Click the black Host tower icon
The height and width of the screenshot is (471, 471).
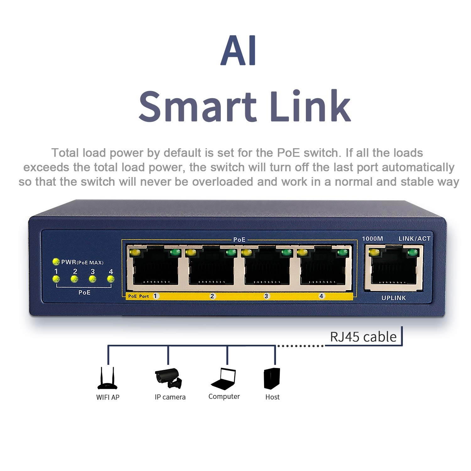pyautogui.click(x=272, y=378)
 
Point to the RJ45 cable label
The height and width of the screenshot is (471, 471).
pyautogui.click(x=363, y=337)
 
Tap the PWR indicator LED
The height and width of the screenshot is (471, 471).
pyautogui.click(x=56, y=262)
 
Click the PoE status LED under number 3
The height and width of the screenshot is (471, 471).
pyautogui.click(x=92, y=279)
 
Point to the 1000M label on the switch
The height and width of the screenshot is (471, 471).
pyautogui.click(x=372, y=239)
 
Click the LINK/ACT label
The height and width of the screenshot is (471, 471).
pyautogui.click(x=414, y=239)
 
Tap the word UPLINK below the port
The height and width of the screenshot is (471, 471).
pyautogui.click(x=393, y=298)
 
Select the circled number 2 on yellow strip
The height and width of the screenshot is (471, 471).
pyautogui.click(x=212, y=296)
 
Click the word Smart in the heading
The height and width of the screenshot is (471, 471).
pyautogui.click(x=198, y=106)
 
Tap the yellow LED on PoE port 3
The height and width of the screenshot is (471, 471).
pyautogui.click(x=246, y=252)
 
